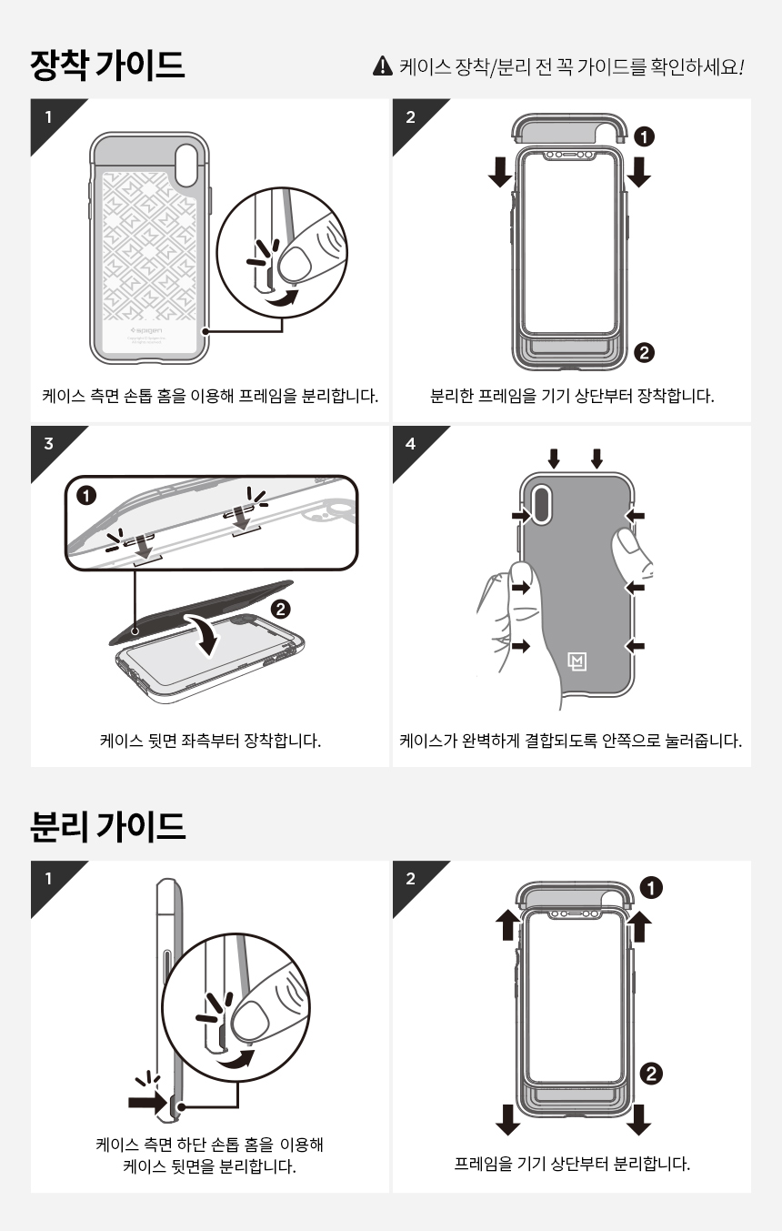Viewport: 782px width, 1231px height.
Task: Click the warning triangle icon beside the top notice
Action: click(382, 66)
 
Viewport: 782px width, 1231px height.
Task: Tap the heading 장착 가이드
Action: click(107, 65)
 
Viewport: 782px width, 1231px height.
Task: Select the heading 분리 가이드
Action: click(107, 826)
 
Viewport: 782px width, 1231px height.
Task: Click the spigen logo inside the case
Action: click(146, 331)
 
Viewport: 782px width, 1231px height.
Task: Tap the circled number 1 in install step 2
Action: click(644, 136)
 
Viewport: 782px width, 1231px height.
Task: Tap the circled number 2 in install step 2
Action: click(644, 352)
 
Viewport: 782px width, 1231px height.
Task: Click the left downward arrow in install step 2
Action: click(500, 172)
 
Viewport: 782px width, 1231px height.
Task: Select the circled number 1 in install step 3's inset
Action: click(85, 496)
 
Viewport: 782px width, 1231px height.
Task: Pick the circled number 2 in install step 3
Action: click(281, 609)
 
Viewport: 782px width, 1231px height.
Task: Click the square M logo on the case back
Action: click(576, 661)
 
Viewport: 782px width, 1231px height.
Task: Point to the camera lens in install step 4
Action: click(542, 504)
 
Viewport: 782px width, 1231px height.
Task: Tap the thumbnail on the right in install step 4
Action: click(626, 541)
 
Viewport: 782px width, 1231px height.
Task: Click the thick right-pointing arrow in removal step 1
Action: click(147, 1102)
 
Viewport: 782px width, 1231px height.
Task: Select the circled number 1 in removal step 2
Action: click(651, 887)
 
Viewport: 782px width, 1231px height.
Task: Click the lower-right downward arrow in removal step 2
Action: click(638, 1119)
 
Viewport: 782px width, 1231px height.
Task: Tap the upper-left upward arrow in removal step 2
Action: click(508, 924)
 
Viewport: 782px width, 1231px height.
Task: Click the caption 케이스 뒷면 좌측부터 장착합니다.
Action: click(210, 741)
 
